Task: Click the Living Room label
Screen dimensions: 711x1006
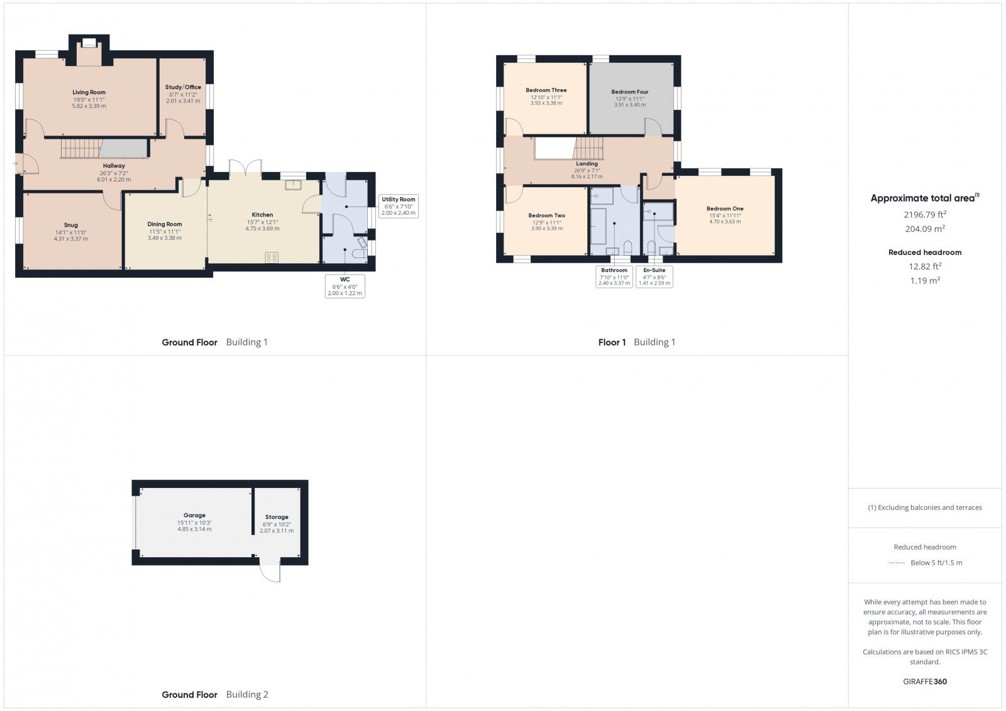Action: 89,92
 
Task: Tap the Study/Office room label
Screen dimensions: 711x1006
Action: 183,87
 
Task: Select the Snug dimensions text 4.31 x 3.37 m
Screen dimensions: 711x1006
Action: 70,239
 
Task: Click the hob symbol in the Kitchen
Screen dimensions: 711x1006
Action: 272,257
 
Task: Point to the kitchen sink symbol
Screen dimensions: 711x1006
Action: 293,185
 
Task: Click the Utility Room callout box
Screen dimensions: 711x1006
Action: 398,206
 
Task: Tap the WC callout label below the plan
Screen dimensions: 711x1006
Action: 345,286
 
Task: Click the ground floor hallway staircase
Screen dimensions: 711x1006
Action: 80,149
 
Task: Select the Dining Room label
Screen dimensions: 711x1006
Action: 165,224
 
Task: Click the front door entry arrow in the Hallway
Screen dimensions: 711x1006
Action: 16,164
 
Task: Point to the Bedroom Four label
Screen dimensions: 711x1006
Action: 629,92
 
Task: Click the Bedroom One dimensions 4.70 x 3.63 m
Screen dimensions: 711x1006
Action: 725,222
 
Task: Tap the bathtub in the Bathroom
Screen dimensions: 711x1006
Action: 598,227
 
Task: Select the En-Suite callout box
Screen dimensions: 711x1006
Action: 654,276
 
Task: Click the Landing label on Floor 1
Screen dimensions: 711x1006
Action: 587,164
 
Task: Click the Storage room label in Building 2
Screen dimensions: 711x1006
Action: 277,517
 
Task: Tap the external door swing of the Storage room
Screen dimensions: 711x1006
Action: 270,571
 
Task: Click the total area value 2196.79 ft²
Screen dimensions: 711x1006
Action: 925,215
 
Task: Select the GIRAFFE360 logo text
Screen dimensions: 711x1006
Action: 925,681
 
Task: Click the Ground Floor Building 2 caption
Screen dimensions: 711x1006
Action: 215,695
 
